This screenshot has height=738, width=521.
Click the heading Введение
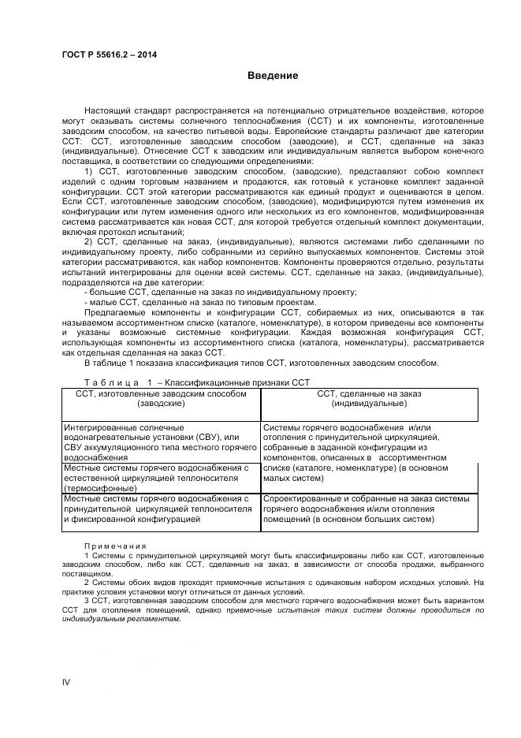point(273,76)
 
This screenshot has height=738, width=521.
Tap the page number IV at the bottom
point(66,681)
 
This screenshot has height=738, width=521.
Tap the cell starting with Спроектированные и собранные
point(369,509)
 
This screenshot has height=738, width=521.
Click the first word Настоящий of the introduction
point(110,111)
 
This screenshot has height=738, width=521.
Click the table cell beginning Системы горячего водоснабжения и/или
point(369,452)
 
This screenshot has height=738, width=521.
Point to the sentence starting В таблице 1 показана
point(261,363)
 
